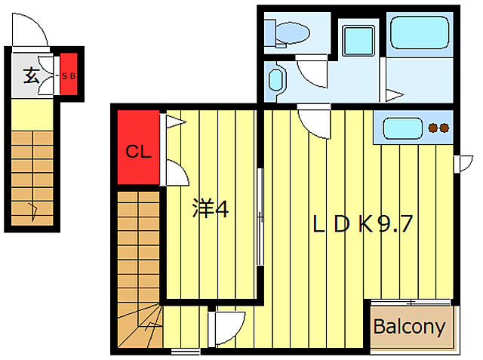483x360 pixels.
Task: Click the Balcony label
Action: pyautogui.click(x=409, y=327)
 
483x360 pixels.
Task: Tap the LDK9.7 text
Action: pyautogui.click(x=362, y=224)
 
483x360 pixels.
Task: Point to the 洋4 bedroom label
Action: pyautogui.click(x=211, y=208)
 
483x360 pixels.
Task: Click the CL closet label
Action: pyautogui.click(x=138, y=152)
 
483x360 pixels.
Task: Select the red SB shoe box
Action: pyautogui.click(x=69, y=75)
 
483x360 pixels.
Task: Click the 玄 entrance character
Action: pyautogui.click(x=31, y=75)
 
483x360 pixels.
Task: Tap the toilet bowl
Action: pyautogui.click(x=293, y=33)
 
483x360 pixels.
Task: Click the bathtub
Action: pyautogui.click(x=420, y=32)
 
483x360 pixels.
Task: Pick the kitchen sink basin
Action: pyautogui.click(x=402, y=128)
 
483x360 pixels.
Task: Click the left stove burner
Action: pyautogui.click(x=433, y=128)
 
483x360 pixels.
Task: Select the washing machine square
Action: pyautogui.click(x=358, y=41)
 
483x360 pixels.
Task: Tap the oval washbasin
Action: pyautogui.click(x=275, y=80)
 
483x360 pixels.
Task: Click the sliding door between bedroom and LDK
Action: pyautogui.click(x=260, y=217)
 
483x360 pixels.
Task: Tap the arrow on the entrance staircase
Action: pyautogui.click(x=33, y=211)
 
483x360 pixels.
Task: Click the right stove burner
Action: pyautogui.click(x=444, y=128)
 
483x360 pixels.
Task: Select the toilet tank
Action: pyautogui.click(x=270, y=33)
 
